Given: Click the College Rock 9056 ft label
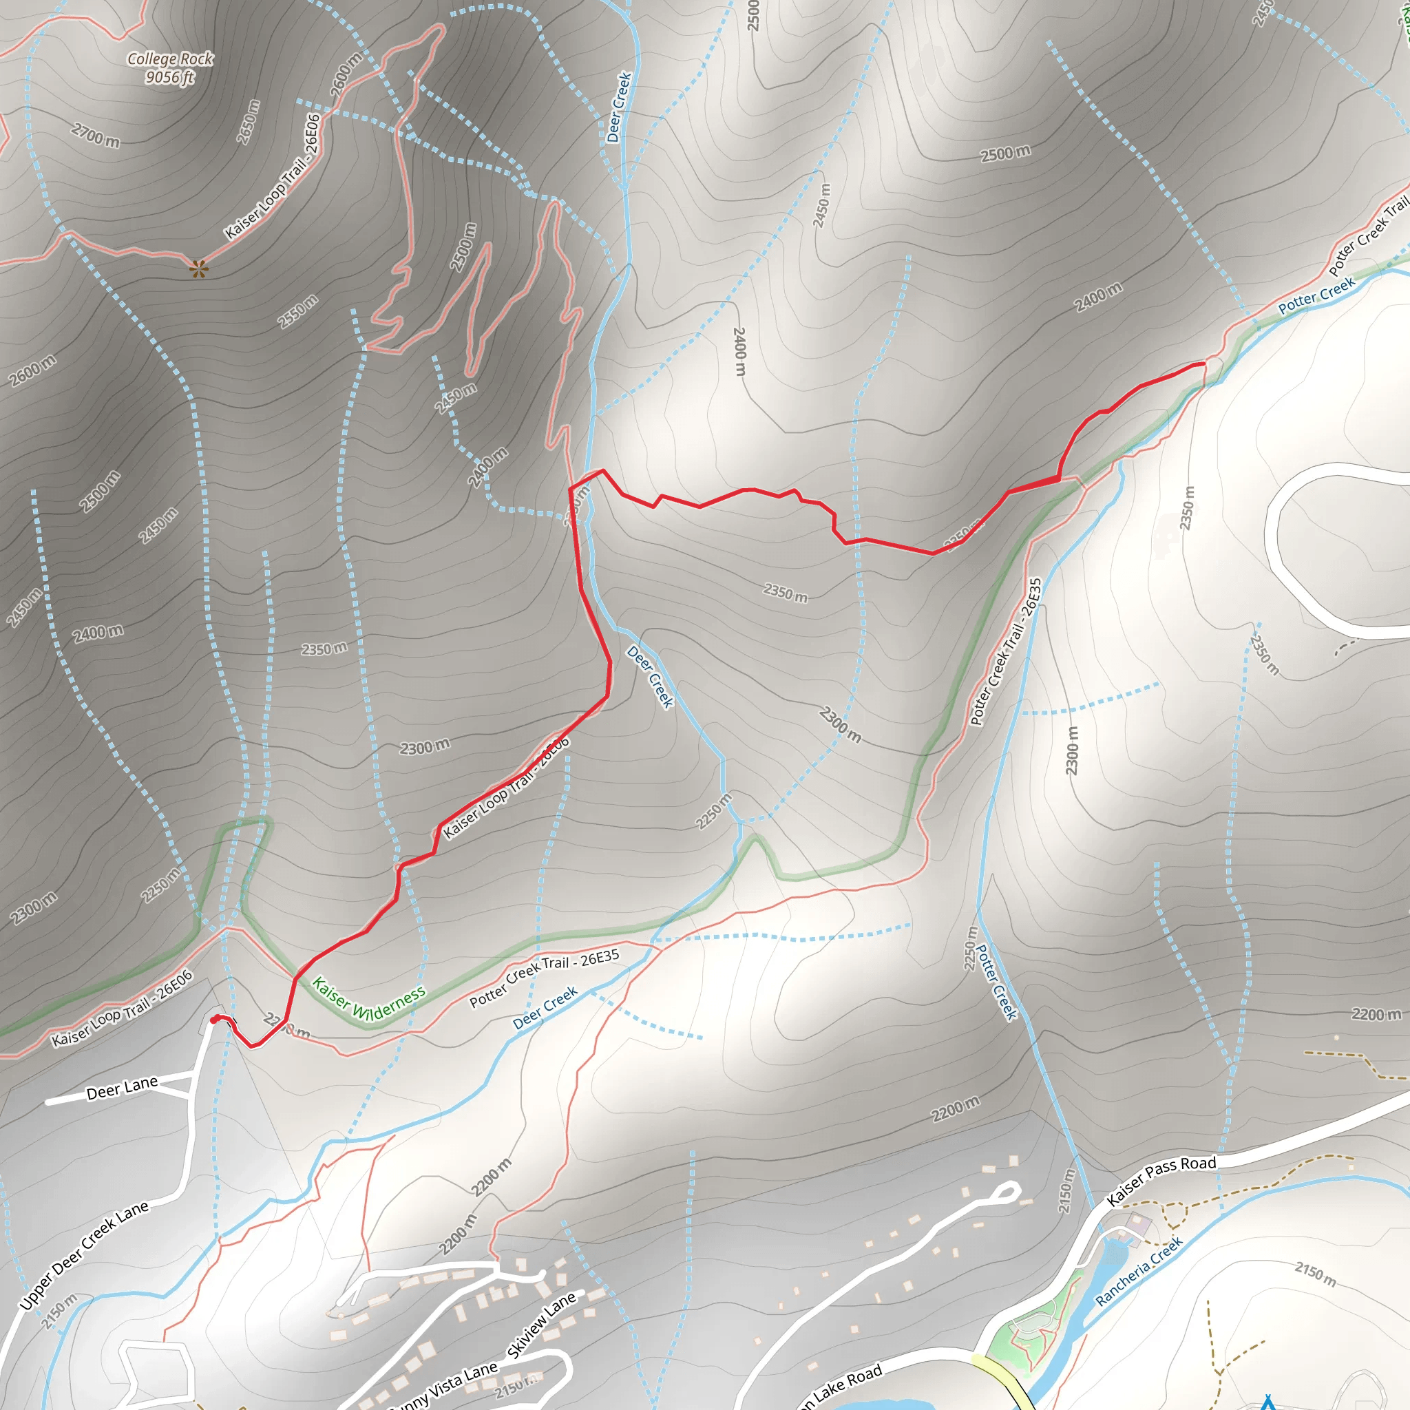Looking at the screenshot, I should (170, 68).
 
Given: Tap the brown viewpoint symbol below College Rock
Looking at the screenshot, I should (198, 269).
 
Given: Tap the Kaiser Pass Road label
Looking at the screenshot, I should (1161, 1180).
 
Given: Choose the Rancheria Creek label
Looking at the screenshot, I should (1139, 1271).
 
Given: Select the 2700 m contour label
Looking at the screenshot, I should (96, 135).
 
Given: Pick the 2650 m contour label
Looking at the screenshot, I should (249, 122).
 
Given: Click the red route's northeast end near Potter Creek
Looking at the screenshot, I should (1203, 364).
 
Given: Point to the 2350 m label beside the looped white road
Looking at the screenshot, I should (1188, 508).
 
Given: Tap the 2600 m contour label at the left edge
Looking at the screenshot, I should (32, 371).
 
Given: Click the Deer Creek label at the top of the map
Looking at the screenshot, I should (619, 107).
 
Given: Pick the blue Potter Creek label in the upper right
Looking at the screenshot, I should (1316, 295).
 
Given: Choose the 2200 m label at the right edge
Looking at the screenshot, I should (1376, 1013).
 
